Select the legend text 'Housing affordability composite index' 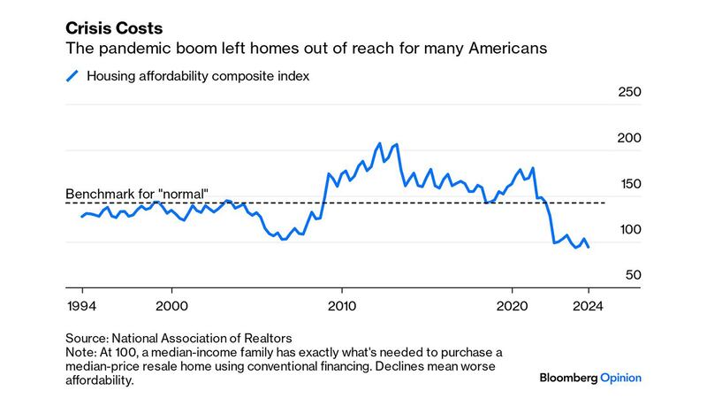point(198,76)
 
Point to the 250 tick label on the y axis point(627,92)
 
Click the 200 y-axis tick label point(627,138)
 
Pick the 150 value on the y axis point(627,184)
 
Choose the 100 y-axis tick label point(627,230)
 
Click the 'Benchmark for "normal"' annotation point(137,194)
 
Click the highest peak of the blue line point(379,143)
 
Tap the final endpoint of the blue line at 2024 point(589,248)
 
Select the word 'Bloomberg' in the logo point(568,378)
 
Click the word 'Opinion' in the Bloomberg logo point(621,378)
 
